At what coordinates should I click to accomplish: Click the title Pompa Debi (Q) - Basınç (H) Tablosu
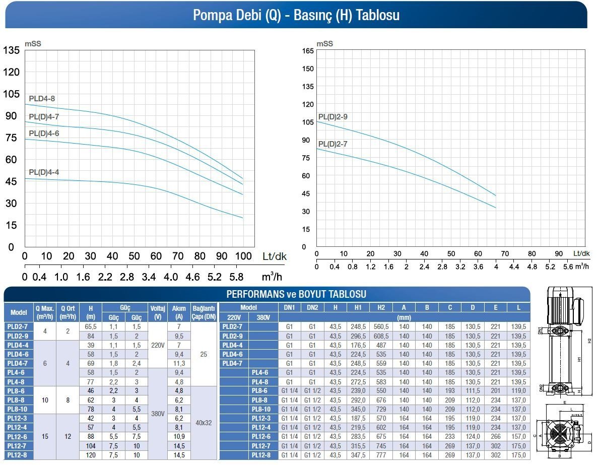[296, 15]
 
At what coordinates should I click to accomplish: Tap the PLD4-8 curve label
[42, 99]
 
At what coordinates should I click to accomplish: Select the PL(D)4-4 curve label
[44, 172]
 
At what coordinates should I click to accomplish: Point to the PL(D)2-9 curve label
[333, 117]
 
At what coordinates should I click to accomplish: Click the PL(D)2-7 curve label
[333, 144]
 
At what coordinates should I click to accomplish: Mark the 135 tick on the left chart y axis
[11, 50]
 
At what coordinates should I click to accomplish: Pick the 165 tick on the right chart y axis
[307, 50]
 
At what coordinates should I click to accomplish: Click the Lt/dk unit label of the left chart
[275, 256]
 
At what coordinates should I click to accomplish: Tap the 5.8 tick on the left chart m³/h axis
[236, 277]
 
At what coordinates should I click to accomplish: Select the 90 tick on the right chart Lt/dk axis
[559, 254]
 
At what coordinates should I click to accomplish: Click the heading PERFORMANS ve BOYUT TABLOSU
[296, 294]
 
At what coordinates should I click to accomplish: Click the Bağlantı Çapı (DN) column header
[204, 312]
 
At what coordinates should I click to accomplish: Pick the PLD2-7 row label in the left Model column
[19, 326]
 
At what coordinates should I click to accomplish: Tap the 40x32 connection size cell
[204, 423]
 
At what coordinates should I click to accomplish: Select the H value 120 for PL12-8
[90, 455]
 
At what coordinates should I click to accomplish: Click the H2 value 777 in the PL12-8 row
[381, 455]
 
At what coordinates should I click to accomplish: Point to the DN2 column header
[312, 307]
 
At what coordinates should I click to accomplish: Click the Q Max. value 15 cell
[45, 436]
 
